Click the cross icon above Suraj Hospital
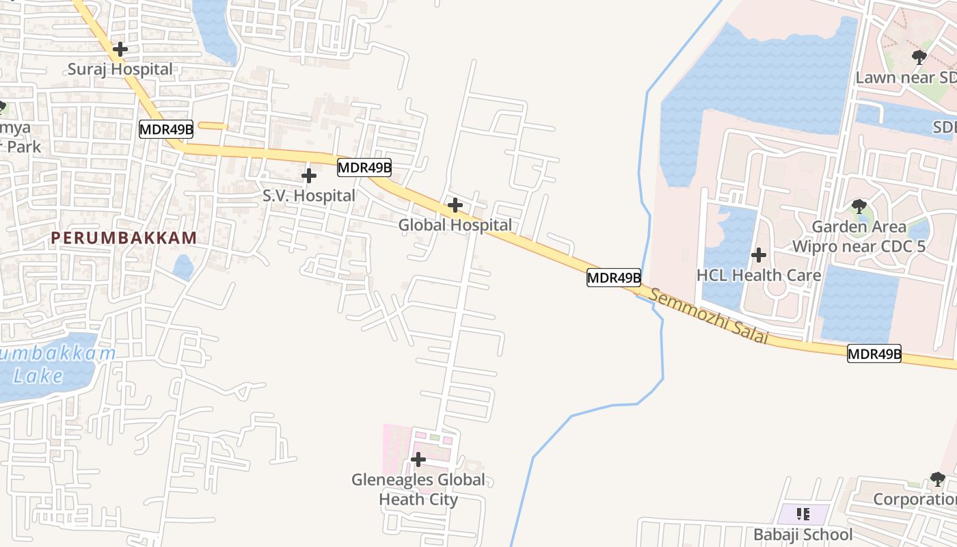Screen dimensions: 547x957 click(120, 49)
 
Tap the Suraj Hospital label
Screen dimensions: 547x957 click(120, 69)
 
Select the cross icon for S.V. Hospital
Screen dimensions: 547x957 click(309, 176)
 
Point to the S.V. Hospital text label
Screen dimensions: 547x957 click(309, 196)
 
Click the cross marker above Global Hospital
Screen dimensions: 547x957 click(455, 205)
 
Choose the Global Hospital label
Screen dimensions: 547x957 click(455, 225)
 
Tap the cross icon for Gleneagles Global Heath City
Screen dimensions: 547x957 click(418, 459)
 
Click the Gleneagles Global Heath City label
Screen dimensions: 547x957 click(418, 490)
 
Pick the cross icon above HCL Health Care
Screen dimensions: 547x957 click(758, 256)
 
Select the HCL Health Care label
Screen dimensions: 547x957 click(758, 276)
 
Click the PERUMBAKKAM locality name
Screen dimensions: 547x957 click(124, 238)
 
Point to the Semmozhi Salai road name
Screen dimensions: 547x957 click(708, 316)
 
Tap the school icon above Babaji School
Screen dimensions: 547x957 click(803, 513)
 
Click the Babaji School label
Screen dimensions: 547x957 click(803, 534)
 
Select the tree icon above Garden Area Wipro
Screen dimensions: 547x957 click(859, 206)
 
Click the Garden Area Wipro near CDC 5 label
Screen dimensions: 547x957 click(859, 236)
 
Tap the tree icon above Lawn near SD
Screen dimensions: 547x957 click(919, 57)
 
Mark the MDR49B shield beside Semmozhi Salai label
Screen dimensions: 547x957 click(614, 278)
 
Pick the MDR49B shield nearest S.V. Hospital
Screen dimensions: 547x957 click(364, 167)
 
